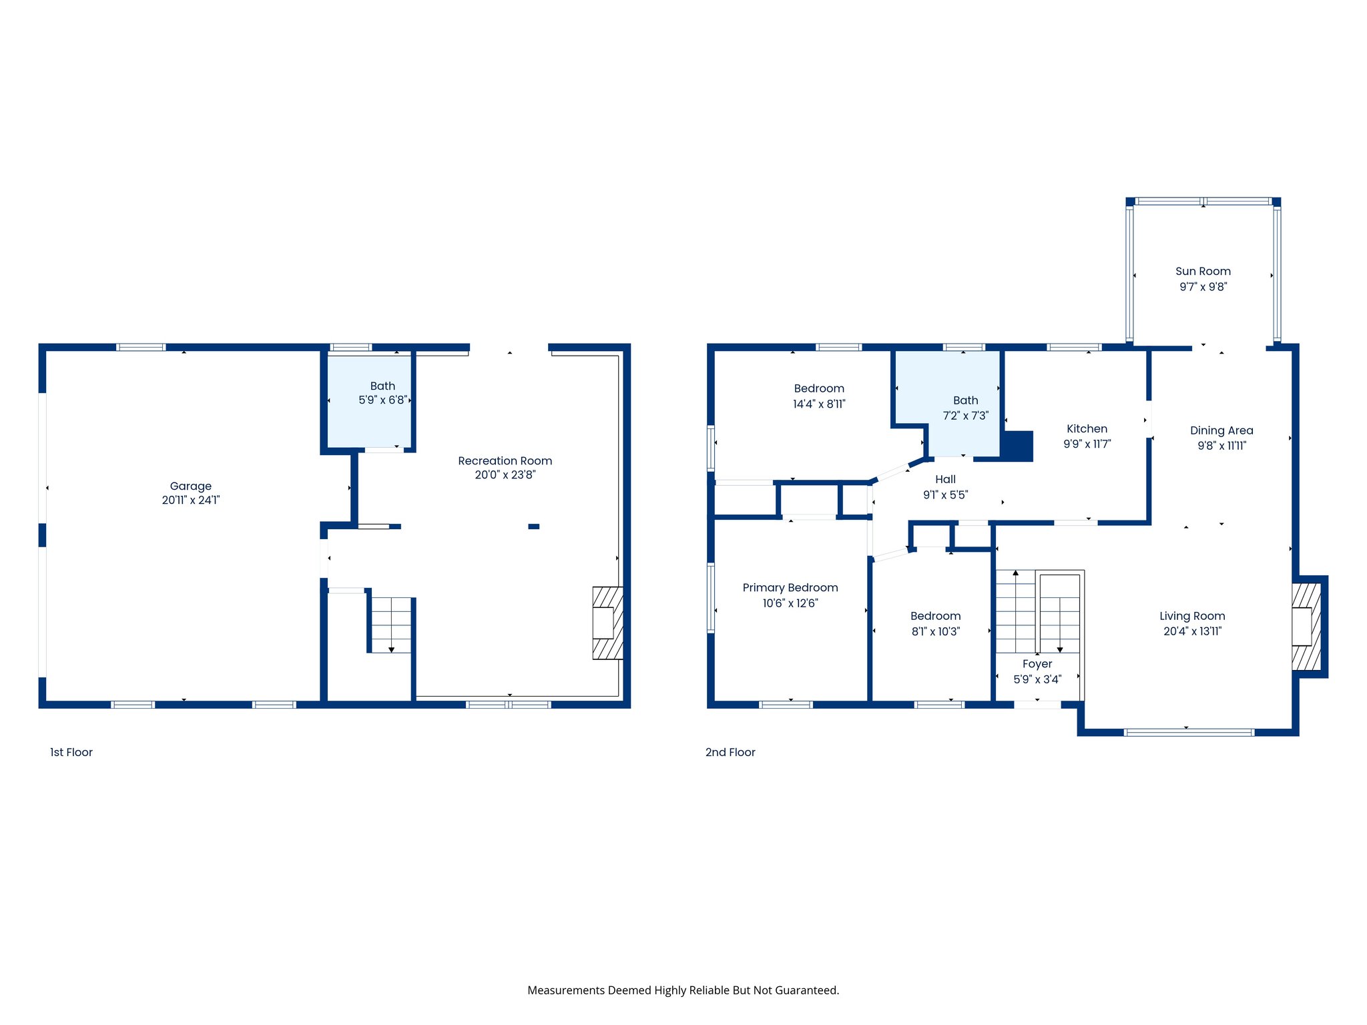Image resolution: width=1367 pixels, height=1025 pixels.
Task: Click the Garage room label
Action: tap(190, 486)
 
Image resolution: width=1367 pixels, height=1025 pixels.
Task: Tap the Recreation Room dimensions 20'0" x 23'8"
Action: tap(505, 475)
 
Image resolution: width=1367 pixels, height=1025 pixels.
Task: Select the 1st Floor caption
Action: tap(71, 752)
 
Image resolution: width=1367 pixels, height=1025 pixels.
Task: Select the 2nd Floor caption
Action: tap(730, 752)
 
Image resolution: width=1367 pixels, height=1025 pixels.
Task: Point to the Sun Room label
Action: tap(1202, 271)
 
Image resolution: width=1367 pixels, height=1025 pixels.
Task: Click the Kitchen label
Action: tap(1086, 428)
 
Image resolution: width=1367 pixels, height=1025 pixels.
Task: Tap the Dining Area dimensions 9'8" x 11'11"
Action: tap(1221, 446)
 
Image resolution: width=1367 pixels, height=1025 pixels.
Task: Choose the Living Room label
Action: tap(1191, 616)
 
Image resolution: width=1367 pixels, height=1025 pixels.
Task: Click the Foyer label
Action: tap(1037, 664)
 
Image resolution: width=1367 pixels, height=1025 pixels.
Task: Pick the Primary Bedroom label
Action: tap(790, 587)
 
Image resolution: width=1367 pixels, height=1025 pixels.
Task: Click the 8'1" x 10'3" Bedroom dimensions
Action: tap(935, 631)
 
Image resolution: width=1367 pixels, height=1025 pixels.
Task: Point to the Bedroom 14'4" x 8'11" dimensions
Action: tap(818, 404)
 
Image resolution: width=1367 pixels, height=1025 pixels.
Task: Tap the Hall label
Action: tap(944, 479)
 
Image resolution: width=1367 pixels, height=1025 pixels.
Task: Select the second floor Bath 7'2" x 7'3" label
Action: tap(965, 400)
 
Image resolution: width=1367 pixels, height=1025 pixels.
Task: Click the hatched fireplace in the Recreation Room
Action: tap(607, 623)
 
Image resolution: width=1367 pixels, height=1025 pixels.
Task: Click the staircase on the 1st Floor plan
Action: tap(391, 625)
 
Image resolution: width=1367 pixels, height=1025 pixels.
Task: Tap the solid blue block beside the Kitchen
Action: tap(1018, 446)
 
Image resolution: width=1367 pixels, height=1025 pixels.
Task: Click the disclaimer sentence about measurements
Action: tap(683, 990)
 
